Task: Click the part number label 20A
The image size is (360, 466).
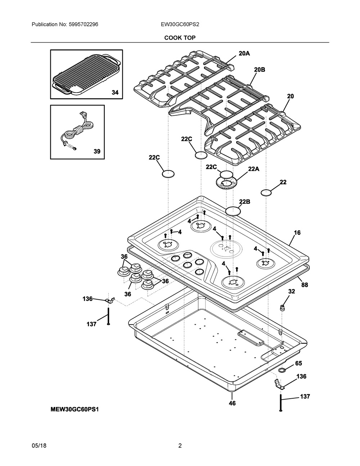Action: [244, 53]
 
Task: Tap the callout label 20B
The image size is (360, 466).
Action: [260, 70]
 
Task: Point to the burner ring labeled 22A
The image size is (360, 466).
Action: [226, 183]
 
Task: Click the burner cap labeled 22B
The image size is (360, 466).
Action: [233, 211]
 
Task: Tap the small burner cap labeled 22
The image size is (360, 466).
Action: [266, 193]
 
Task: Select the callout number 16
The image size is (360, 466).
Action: [297, 233]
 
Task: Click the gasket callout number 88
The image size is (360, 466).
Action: [305, 285]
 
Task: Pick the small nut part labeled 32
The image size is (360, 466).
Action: [282, 308]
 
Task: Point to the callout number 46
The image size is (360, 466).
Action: [232, 403]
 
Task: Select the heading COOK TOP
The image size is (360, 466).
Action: [180, 38]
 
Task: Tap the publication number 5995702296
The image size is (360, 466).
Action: [84, 24]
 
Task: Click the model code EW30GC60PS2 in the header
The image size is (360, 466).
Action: [180, 24]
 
